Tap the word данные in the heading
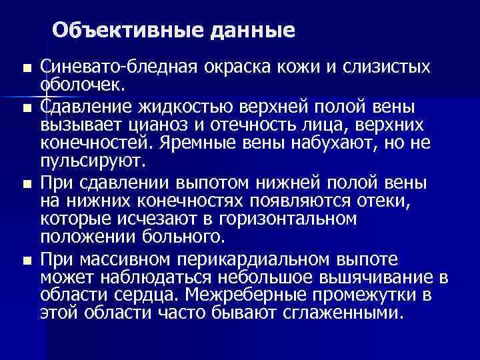[x=243, y=30]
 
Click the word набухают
[x=349, y=143]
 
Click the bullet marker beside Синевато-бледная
[x=26, y=69]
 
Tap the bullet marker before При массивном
[x=26, y=259]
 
